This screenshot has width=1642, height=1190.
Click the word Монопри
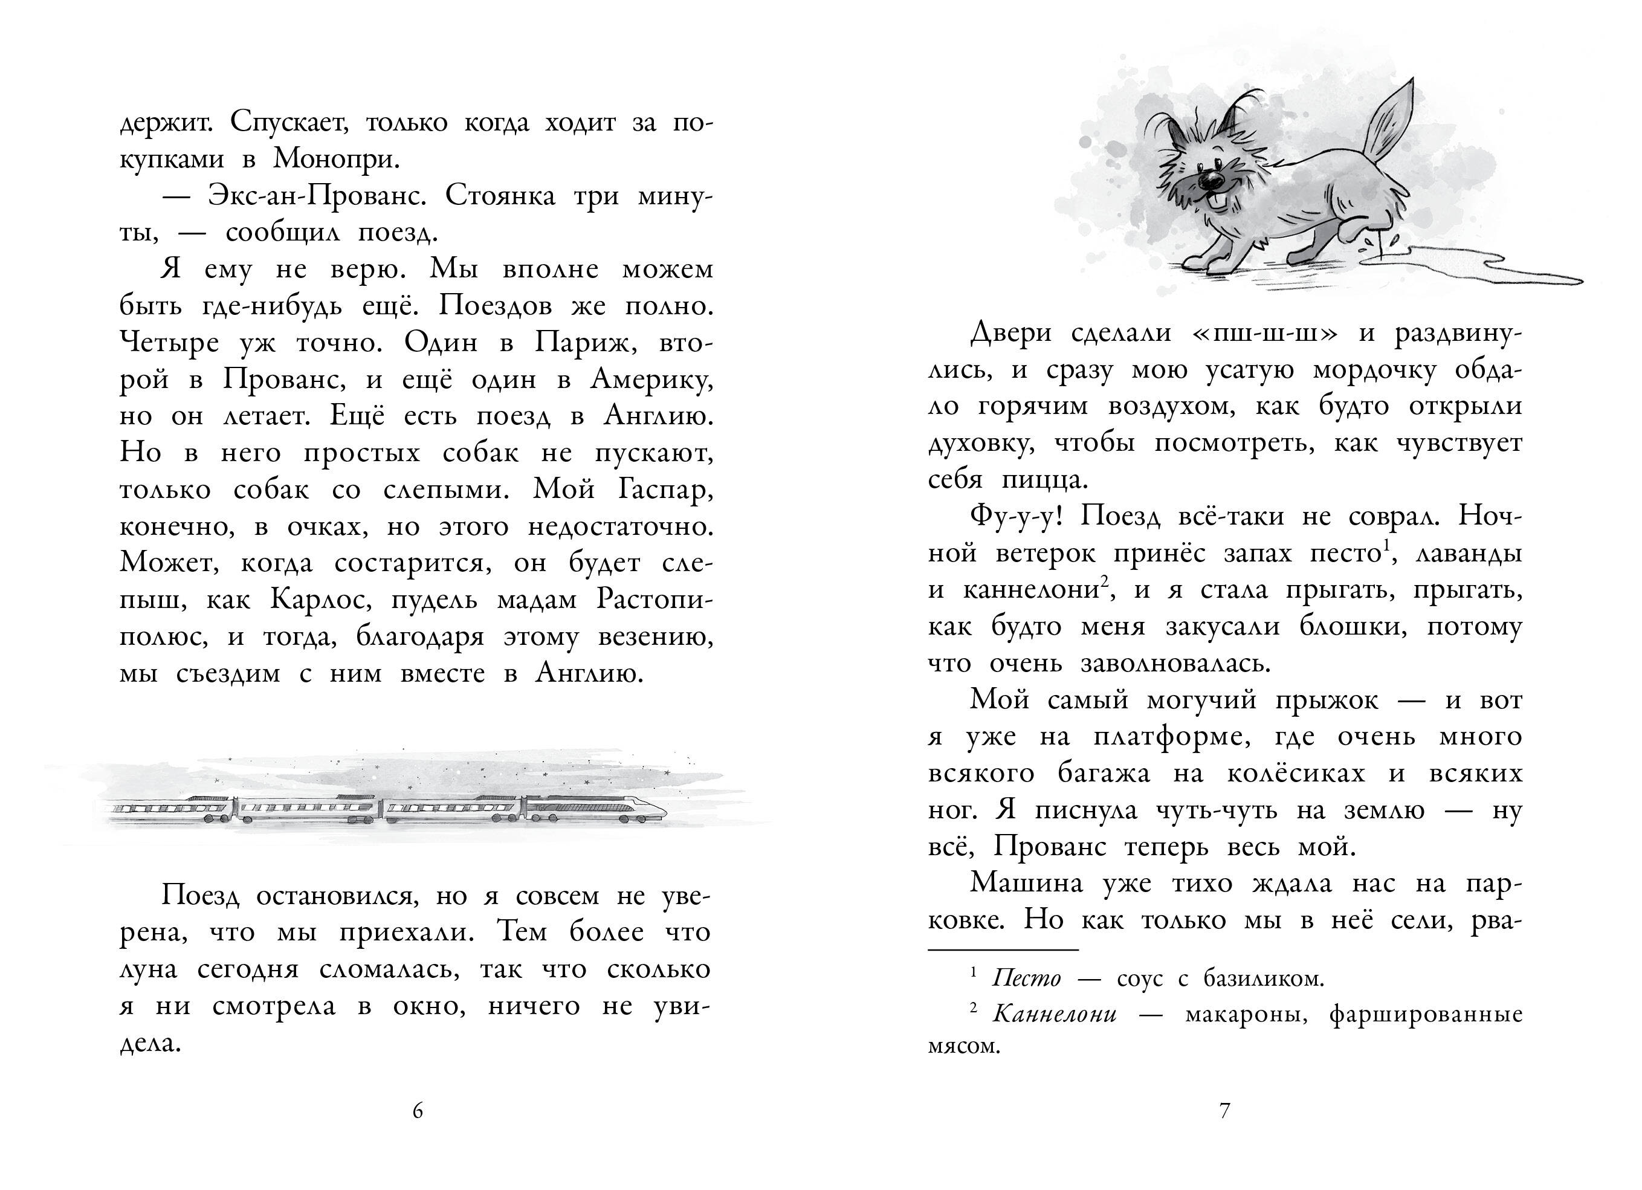(x=336, y=159)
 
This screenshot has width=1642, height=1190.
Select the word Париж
(x=586, y=343)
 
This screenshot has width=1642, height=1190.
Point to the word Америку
(x=651, y=380)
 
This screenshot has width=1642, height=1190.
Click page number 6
(x=418, y=1111)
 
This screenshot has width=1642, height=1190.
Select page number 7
(x=1225, y=1111)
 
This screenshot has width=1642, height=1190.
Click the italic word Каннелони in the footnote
(x=1053, y=1014)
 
